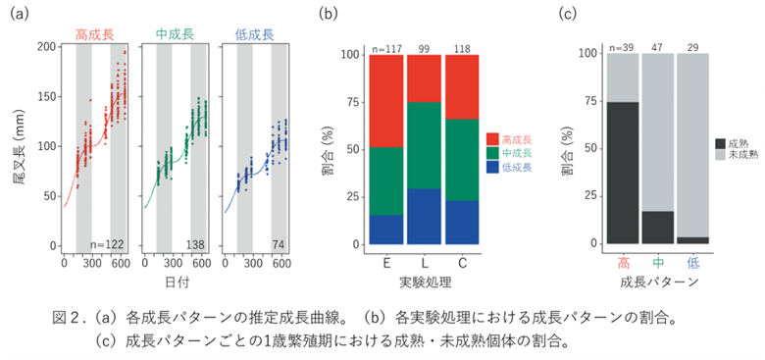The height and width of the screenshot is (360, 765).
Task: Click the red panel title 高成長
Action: (x=95, y=34)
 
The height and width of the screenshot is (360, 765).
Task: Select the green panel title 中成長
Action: (x=176, y=34)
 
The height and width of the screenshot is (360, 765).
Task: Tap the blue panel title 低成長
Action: (x=255, y=34)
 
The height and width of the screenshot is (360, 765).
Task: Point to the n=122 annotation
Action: (x=107, y=244)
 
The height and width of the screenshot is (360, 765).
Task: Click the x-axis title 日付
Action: (x=177, y=283)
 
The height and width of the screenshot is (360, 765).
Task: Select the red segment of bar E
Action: (x=386, y=101)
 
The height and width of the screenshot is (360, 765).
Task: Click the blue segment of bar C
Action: (x=462, y=223)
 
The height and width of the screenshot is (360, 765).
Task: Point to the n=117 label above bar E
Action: (x=386, y=49)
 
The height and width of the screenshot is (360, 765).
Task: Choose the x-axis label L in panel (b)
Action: (x=425, y=264)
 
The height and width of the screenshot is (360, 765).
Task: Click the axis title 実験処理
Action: (x=424, y=283)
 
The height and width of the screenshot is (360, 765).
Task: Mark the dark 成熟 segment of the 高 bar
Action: (x=623, y=173)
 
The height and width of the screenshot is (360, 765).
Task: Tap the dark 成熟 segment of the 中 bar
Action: (x=658, y=228)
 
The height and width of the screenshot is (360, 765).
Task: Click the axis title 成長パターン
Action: (x=658, y=283)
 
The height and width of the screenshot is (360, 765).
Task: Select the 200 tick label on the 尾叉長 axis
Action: (x=48, y=46)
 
